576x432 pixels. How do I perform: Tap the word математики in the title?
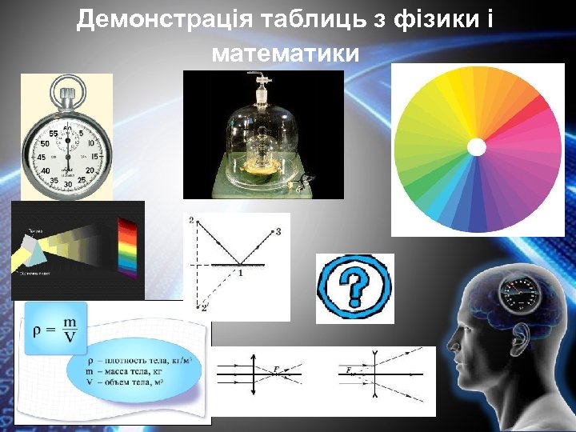[286, 54]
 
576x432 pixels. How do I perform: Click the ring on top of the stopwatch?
[67, 84]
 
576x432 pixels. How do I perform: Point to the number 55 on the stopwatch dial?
[54, 133]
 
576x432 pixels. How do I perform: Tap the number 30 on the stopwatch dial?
[68, 186]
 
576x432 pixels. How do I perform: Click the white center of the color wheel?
[476, 147]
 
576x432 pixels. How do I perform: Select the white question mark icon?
[354, 288]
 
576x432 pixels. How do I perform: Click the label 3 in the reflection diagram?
[278, 232]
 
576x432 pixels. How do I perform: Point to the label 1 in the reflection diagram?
[238, 274]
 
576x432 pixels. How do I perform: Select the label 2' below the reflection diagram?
[205, 307]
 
